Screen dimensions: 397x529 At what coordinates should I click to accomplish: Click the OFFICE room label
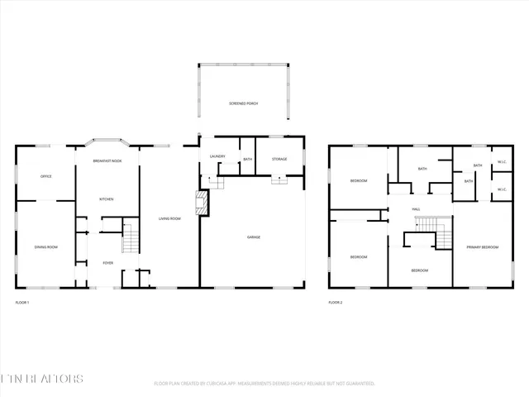coord(47,177)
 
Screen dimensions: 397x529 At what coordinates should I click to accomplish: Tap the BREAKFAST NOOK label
coord(107,160)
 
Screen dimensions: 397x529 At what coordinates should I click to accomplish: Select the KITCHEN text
coord(107,199)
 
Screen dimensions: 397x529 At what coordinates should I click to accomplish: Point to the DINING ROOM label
coord(46,247)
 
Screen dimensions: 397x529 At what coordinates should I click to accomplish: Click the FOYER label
coord(107,263)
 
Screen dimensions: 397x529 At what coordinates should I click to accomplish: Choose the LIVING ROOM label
coord(169,218)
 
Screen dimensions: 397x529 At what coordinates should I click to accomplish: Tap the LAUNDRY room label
coord(217,156)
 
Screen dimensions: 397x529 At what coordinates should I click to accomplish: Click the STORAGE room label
coord(279,158)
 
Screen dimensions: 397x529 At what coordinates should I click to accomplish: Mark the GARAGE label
coord(254,237)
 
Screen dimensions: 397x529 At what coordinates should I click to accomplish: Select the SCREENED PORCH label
coord(244,103)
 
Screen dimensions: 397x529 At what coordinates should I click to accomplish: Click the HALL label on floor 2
coord(417,210)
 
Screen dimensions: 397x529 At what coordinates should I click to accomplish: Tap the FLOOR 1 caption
coord(22,303)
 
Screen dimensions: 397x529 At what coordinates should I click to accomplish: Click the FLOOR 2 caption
coord(335,303)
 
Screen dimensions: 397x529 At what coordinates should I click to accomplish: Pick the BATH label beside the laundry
coord(247,159)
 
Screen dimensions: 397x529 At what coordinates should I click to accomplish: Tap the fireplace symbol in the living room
coord(198,203)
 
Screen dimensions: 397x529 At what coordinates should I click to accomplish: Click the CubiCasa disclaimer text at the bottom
coord(264,384)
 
